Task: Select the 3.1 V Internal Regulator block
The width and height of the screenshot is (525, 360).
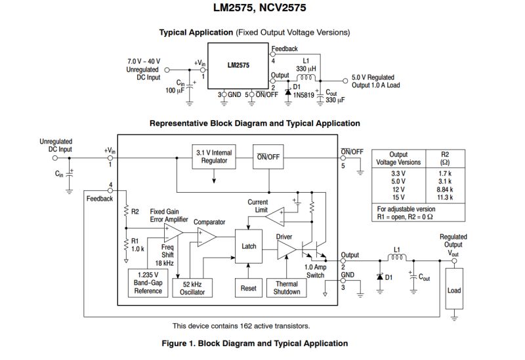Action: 213,157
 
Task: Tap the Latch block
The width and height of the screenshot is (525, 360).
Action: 249,247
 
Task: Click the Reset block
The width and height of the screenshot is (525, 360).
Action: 249,287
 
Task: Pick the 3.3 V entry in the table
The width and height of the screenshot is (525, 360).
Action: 398,173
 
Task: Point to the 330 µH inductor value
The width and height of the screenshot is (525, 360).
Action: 306,68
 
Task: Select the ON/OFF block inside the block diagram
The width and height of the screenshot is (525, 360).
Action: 268,156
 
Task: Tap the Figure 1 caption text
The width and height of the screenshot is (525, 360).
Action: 255,343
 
